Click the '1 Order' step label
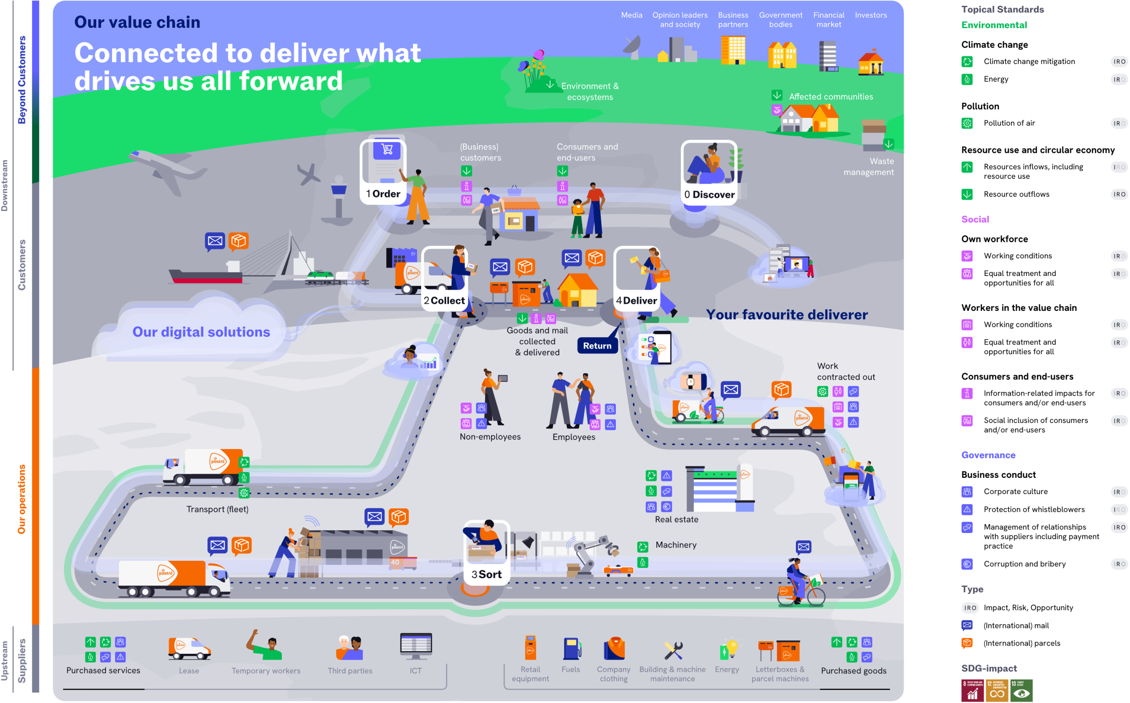(x=383, y=194)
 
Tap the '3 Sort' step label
(x=486, y=574)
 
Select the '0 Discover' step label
(x=709, y=194)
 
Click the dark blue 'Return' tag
(x=597, y=345)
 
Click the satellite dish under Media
(x=632, y=47)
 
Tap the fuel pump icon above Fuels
(x=572, y=649)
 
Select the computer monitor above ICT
(x=416, y=645)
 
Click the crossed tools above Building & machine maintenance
(x=673, y=650)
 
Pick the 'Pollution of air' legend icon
(x=967, y=123)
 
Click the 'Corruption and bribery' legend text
(x=1025, y=564)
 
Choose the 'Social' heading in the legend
(x=975, y=219)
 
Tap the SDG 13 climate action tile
(x=1021, y=691)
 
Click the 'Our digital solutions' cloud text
(x=201, y=332)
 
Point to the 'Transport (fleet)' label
(x=218, y=509)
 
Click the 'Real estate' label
(x=677, y=519)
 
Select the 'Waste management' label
(x=868, y=166)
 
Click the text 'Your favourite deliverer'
(x=787, y=315)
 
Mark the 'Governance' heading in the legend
(x=988, y=455)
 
